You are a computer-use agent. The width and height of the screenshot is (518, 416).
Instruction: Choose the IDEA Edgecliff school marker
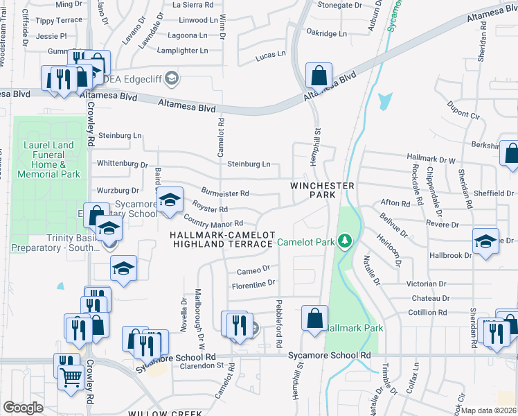(172, 78)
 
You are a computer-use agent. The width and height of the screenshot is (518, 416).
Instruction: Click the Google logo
(23, 408)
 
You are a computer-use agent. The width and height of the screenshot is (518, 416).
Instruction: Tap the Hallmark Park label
(353, 327)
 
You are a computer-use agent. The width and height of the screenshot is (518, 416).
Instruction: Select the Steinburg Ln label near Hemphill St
(249, 164)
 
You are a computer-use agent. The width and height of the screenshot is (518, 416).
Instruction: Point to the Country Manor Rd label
(213, 223)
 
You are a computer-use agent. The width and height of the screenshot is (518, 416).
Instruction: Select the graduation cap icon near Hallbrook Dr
(485, 242)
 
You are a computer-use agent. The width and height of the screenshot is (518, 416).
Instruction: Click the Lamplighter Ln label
(182, 51)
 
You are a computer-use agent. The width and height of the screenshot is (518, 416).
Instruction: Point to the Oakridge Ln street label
(326, 33)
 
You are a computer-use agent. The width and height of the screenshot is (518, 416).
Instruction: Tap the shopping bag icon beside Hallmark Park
(314, 319)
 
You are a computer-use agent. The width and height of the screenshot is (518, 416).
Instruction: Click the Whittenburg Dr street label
(123, 165)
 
